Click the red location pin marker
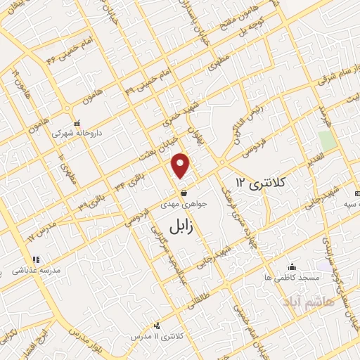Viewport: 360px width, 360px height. pos(181,165)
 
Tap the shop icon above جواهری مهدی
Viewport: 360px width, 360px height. pos(184,192)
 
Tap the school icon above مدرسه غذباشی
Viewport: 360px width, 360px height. pos(33,259)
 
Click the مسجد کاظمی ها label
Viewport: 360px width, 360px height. pos(292,278)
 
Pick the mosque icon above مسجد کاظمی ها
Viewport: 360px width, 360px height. pos(292,267)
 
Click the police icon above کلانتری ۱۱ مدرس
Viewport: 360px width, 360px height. pos(155,326)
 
